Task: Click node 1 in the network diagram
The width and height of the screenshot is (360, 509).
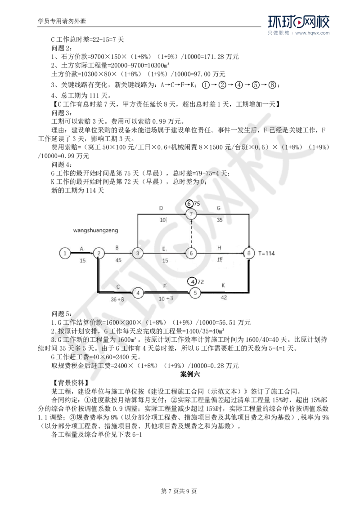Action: pyautogui.click(x=65, y=253)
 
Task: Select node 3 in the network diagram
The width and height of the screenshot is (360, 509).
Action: pyautogui.click(x=138, y=253)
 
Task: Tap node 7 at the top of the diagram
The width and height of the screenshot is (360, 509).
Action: pyautogui.click(x=191, y=214)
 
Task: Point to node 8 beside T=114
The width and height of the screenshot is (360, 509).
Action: pyautogui.click(x=249, y=253)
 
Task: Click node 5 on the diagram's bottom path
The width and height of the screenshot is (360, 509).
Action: pyautogui.click(x=195, y=293)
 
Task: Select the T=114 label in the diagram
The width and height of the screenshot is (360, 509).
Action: pyautogui.click(x=267, y=253)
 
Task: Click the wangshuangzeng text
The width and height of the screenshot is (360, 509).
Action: pyautogui.click(x=95, y=231)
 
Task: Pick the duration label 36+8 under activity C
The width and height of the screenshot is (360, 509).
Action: pyautogui.click(x=117, y=299)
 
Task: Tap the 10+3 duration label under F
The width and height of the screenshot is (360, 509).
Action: pyautogui.click(x=166, y=298)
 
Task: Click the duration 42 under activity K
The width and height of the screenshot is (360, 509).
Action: pyautogui.click(x=224, y=297)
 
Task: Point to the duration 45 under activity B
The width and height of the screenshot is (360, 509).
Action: pyautogui.click(x=118, y=260)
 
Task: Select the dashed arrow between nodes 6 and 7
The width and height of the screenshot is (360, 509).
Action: pyautogui.click(x=191, y=233)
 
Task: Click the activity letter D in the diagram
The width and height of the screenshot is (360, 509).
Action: pyautogui.click(x=161, y=208)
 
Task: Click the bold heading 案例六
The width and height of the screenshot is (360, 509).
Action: pyautogui.click(x=190, y=374)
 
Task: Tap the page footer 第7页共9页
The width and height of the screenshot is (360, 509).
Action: pyautogui.click(x=179, y=491)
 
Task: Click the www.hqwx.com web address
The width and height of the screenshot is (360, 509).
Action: pyautogui.click(x=312, y=33)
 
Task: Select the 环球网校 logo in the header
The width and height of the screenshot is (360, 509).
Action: pyautogui.click(x=299, y=22)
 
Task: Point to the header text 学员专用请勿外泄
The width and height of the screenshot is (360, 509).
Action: pyautogui.click(x=62, y=22)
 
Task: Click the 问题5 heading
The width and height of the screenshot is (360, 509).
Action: pyautogui.click(x=62, y=313)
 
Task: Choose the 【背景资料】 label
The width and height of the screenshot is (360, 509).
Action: pyautogui.click(x=69, y=383)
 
